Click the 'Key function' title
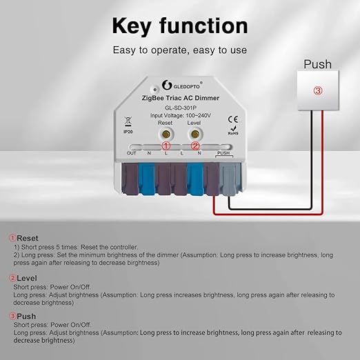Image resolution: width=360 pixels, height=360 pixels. pos(179,26)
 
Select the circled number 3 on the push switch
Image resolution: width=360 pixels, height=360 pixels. pos(318,90)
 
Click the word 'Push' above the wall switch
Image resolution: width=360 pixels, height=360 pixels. pos(318,64)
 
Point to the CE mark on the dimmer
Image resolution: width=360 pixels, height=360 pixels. pos(232,120)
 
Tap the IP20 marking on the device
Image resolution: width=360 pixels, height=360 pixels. pos(128,130)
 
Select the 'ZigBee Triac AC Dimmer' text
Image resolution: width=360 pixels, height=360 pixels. pos(180,98)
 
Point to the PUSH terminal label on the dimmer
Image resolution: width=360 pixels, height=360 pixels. pos(223,154)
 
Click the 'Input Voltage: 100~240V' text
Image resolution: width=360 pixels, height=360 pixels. pos(180,116)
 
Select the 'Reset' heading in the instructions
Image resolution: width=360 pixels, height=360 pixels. pos(28,238)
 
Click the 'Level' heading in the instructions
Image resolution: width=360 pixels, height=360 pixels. pos(27,278)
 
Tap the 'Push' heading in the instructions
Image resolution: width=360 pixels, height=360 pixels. pos(26,317)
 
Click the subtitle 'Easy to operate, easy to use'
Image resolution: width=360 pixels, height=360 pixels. pos(179,50)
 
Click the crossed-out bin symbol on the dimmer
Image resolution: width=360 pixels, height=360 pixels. pos(128,120)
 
